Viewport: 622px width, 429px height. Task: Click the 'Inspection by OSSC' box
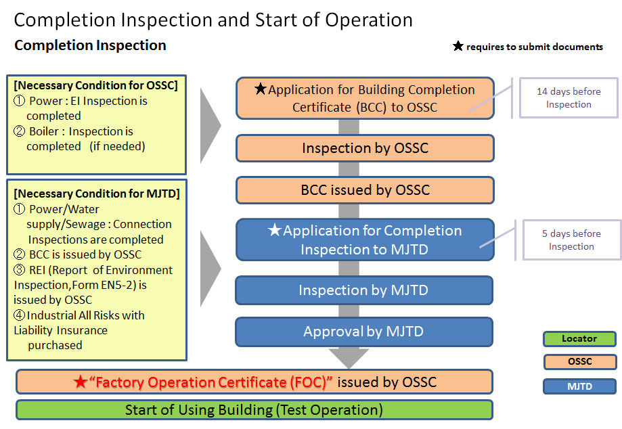pos(365,148)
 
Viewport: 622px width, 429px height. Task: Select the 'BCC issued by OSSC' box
pos(365,190)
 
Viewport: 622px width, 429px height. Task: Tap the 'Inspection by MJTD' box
pos(364,290)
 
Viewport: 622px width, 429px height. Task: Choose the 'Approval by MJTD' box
pos(364,332)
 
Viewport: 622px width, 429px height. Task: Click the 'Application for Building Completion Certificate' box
pos(365,98)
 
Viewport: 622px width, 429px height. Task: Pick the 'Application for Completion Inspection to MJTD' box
pos(365,240)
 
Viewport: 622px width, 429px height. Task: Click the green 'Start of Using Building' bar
pos(254,410)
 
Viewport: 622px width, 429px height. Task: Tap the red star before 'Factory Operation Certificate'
pos(81,382)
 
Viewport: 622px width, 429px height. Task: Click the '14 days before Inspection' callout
pos(569,97)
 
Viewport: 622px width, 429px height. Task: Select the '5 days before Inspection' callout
pos(571,240)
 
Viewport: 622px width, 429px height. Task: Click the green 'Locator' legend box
pos(579,338)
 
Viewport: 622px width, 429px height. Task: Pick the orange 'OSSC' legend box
pos(579,362)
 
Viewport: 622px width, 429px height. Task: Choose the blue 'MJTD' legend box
pos(579,387)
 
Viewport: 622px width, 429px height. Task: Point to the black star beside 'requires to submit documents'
pos(458,47)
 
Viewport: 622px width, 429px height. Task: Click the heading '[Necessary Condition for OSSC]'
pos(95,85)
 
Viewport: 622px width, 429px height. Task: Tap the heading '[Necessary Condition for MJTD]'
pos(97,194)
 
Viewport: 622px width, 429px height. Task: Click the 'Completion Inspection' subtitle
pos(90,45)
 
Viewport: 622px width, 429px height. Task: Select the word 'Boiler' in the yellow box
pos(44,131)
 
